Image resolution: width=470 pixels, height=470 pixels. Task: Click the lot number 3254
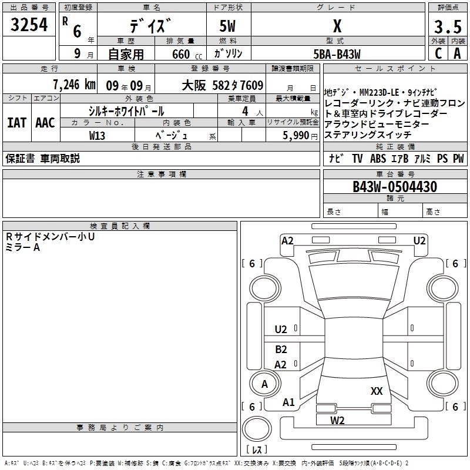pos(29,25)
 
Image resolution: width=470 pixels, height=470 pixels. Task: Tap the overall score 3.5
pos(448,26)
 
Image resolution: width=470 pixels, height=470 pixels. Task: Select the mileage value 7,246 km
pos(74,85)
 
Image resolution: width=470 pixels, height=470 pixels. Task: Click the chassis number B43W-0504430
pos(395,187)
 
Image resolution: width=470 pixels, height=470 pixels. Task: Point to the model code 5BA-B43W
pos(337,54)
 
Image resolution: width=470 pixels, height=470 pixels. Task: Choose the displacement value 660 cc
pos(187,55)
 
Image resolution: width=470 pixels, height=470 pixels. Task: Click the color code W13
pos(97,136)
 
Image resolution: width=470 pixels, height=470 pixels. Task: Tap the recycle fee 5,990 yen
pos(300,136)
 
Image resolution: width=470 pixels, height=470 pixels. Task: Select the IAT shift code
pos(17,123)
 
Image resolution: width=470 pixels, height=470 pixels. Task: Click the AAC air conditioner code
pos(45,123)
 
